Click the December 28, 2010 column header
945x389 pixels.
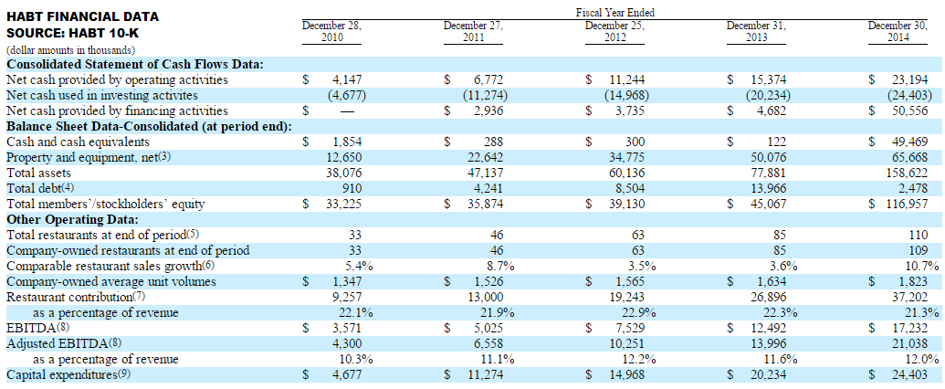[x=331, y=31]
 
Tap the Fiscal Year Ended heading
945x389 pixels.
[x=615, y=12]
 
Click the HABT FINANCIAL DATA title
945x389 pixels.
[x=82, y=16]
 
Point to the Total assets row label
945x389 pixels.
[x=36, y=173]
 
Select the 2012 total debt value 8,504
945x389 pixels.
[x=629, y=189]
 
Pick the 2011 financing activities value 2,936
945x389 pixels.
[x=488, y=111]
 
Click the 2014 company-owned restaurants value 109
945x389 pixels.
[x=919, y=249]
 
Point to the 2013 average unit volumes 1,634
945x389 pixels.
[x=771, y=281]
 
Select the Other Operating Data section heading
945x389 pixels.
[x=72, y=218]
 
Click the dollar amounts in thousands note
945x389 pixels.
[x=70, y=50]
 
